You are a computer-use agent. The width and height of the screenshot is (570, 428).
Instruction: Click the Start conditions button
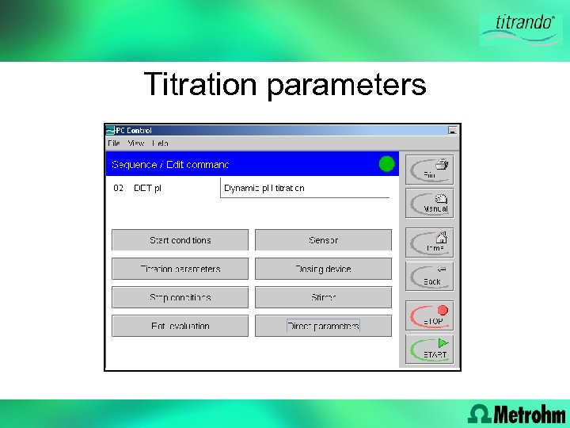pos(180,240)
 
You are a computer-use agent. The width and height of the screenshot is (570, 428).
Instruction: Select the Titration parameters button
pos(180,269)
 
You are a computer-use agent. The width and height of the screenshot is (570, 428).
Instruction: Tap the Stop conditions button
pos(180,297)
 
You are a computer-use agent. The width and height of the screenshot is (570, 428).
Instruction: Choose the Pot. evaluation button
pos(180,326)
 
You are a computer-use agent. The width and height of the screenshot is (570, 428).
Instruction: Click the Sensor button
pos(323,240)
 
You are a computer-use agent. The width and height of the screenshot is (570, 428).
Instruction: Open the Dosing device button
pos(323,269)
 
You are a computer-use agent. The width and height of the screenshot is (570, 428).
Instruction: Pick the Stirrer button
pos(323,297)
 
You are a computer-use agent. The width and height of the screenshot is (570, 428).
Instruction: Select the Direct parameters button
pos(323,326)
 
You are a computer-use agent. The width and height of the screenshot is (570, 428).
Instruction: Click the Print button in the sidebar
pos(430,170)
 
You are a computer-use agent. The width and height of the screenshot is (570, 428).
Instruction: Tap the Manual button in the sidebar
pos(430,203)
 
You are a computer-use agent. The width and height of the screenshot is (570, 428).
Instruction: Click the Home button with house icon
pos(430,242)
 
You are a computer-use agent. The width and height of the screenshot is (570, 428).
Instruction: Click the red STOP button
pos(430,315)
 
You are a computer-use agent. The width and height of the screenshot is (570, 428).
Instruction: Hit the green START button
pos(430,349)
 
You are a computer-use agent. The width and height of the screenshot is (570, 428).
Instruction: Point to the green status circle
pos(386,164)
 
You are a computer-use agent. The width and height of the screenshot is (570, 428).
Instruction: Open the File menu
pos(114,143)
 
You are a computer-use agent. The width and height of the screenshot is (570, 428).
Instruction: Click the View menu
pos(136,143)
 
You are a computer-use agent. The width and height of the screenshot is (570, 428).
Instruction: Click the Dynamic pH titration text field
pos(305,188)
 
